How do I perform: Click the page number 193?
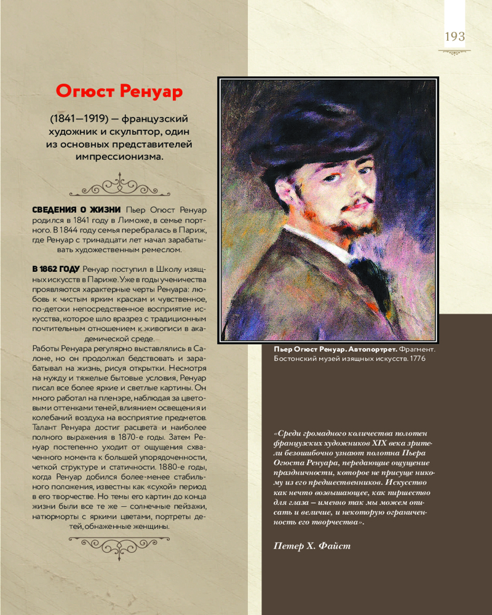tap(454, 37)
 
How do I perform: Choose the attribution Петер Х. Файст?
tap(312, 546)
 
